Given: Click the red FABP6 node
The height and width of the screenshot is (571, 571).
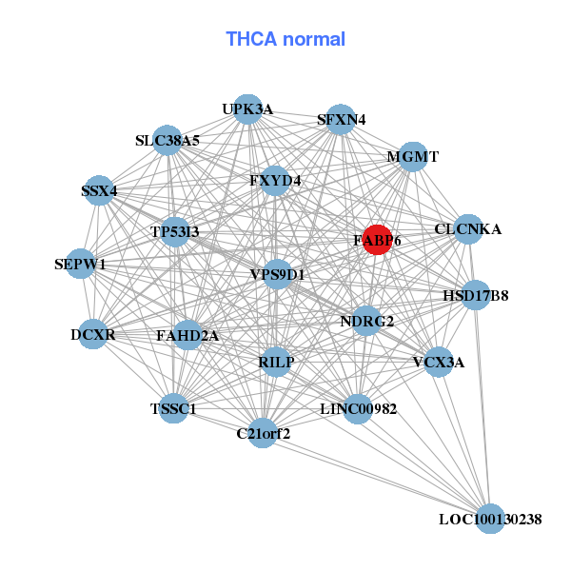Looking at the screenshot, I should [x=377, y=240].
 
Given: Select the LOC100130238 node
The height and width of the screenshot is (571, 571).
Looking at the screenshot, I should [x=489, y=519].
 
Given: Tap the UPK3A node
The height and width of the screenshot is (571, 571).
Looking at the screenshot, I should [x=247, y=109].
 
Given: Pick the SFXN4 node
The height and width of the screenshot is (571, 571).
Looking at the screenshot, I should [x=341, y=119].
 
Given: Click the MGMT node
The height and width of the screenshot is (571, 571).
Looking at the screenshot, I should [x=412, y=157].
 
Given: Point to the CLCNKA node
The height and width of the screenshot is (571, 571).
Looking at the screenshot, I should [x=467, y=229].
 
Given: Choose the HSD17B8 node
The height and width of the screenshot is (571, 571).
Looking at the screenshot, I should [x=476, y=295].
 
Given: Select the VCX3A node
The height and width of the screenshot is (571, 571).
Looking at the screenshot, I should [x=438, y=362].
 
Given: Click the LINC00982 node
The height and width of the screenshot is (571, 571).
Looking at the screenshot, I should [x=358, y=409].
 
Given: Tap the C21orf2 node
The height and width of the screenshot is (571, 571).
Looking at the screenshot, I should [x=263, y=434].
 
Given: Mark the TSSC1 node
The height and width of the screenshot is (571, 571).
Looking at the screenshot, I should [x=173, y=409].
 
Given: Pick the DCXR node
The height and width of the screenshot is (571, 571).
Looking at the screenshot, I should [x=93, y=335].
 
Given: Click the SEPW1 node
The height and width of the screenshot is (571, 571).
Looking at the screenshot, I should [x=80, y=264].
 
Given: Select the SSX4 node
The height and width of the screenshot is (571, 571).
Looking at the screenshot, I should [x=99, y=191].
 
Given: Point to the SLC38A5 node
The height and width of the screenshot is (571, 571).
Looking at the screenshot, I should [x=167, y=141].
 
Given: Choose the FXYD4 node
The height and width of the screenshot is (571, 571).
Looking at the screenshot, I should [x=275, y=180].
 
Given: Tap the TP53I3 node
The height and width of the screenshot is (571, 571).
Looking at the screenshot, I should [x=175, y=231].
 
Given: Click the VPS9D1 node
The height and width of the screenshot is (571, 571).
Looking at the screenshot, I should [x=277, y=275].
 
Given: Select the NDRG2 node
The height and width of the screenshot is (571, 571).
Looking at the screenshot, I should [x=366, y=321].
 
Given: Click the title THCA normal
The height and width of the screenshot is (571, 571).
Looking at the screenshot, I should [x=285, y=39].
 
